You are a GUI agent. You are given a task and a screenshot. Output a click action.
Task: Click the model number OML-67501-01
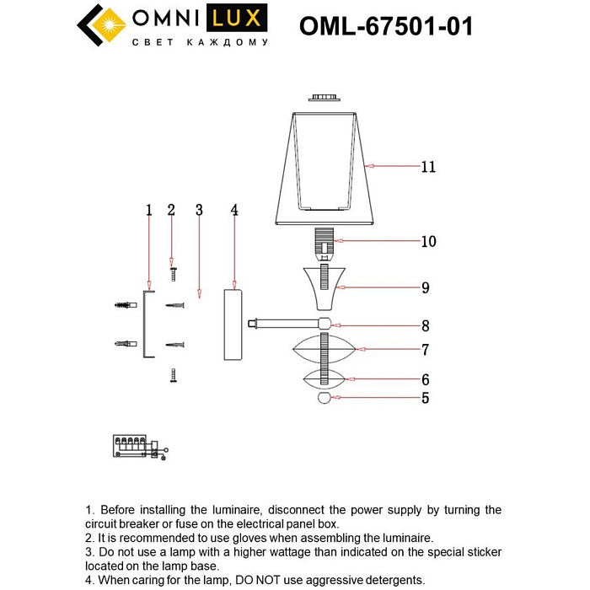point(386,27)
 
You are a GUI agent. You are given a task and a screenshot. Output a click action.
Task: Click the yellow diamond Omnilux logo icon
point(100,25)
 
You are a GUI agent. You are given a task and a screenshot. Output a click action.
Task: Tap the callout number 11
point(428,167)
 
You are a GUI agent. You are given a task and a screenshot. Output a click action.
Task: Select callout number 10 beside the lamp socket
point(428,242)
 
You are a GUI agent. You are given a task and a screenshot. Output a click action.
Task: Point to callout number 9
point(426,288)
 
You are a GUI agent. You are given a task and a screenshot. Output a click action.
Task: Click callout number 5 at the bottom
point(426,399)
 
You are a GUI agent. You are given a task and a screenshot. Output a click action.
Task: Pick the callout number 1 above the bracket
point(148,210)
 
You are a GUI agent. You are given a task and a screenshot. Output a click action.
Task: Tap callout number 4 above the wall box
point(234,210)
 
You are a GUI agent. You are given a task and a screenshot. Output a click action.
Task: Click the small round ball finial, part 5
point(324,399)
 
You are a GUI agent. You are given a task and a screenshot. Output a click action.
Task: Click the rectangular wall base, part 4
point(233,324)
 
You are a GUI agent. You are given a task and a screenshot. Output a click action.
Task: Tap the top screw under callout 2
point(172,274)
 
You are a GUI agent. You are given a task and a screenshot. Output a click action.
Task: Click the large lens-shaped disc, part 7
point(325,348)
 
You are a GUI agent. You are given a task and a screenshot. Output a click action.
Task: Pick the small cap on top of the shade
point(324,99)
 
